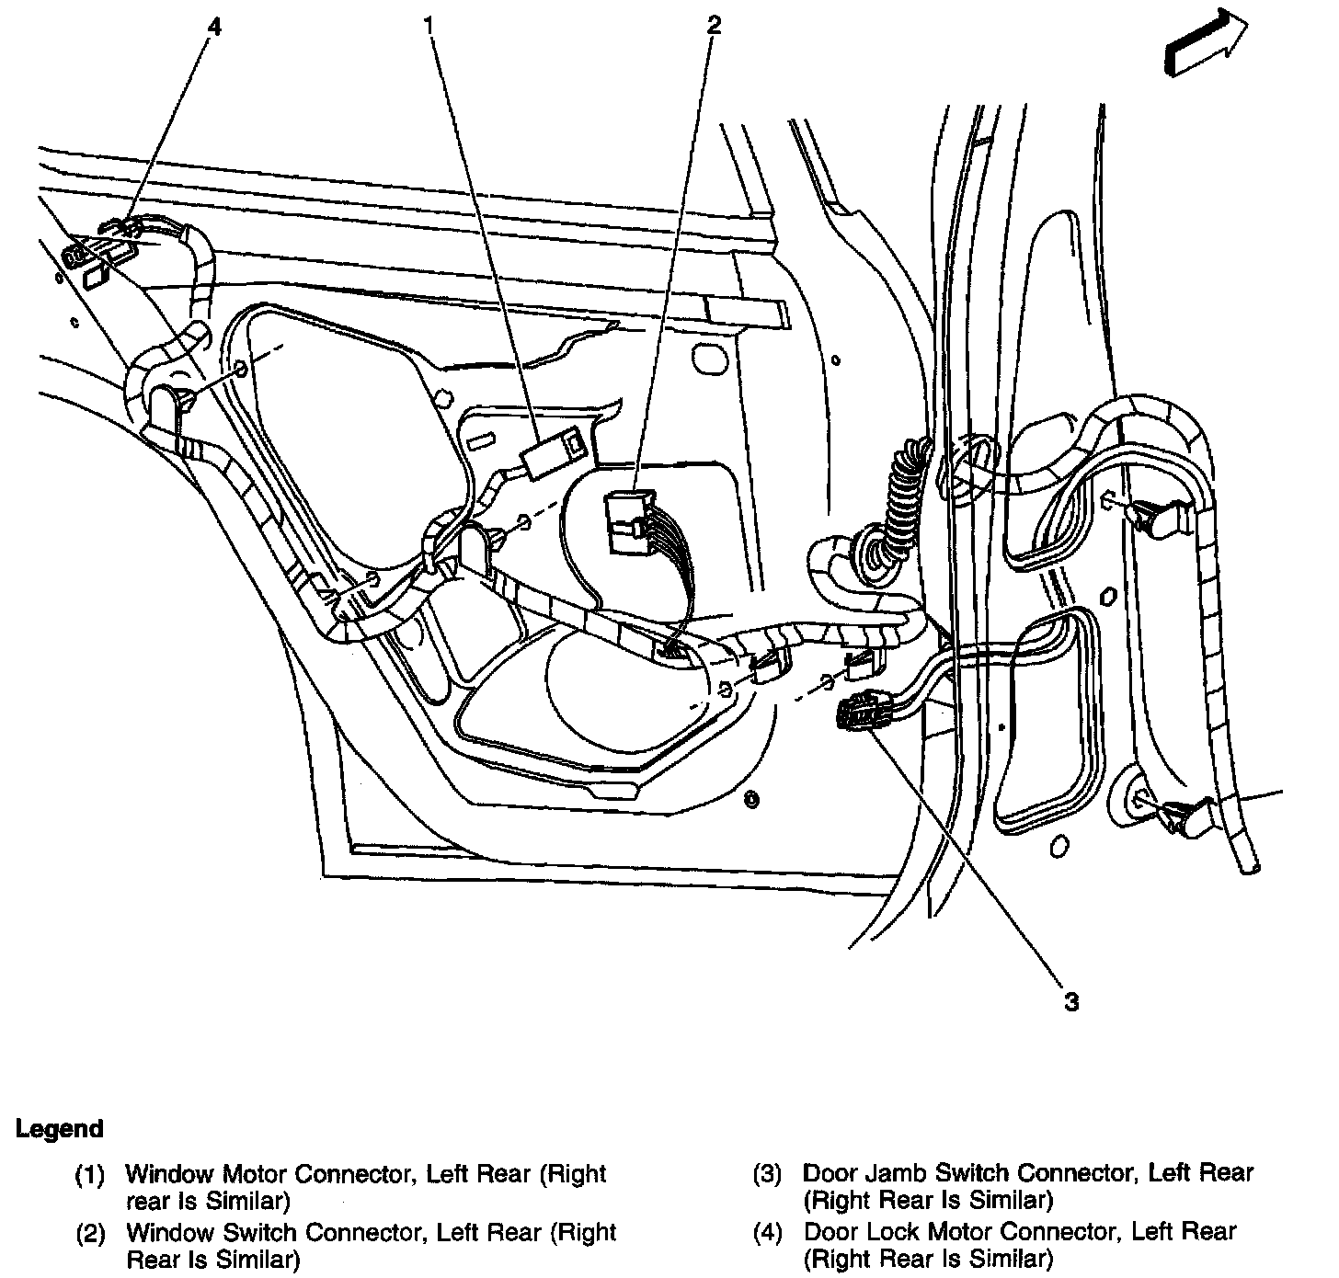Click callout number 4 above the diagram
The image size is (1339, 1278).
pos(214,28)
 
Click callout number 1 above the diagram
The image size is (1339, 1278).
pos(429,27)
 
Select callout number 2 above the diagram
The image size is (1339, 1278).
pos(713,26)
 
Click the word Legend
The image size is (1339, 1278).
pos(60,1128)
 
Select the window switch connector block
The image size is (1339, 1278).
pos(628,521)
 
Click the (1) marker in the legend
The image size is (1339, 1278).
pos(90,1174)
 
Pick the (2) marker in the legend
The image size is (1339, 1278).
pos(90,1232)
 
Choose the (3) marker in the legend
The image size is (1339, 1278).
pos(767,1174)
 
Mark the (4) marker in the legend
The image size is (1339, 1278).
pos(767,1232)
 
